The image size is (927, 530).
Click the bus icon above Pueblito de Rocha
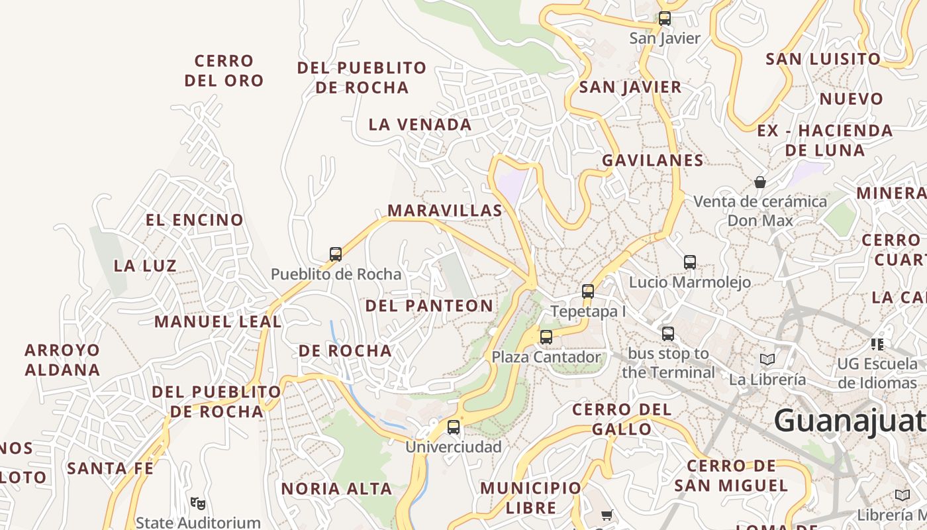(336, 254)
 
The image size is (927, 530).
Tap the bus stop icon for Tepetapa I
(588, 291)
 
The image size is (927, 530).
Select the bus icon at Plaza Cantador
(546, 337)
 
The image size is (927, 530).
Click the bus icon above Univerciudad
(454, 427)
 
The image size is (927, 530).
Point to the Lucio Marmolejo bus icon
(690, 262)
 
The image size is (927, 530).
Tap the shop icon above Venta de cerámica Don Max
(760, 182)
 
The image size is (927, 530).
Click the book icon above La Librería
(767, 359)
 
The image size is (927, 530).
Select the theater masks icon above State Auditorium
(197, 503)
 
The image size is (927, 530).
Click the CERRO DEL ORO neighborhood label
(224, 71)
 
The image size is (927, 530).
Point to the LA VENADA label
(420, 125)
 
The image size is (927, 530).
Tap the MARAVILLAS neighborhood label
(445, 211)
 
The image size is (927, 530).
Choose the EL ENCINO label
(195, 220)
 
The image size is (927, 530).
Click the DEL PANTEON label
(429, 305)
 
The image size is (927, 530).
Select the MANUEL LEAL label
(218, 322)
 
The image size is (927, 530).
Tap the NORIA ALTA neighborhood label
(337, 489)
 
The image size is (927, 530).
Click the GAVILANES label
(652, 160)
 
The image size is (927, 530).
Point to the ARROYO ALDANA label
(62, 360)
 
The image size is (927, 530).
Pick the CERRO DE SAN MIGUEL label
(731, 476)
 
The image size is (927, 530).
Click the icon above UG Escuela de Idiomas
(877, 344)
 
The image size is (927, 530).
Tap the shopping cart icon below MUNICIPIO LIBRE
(607, 515)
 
